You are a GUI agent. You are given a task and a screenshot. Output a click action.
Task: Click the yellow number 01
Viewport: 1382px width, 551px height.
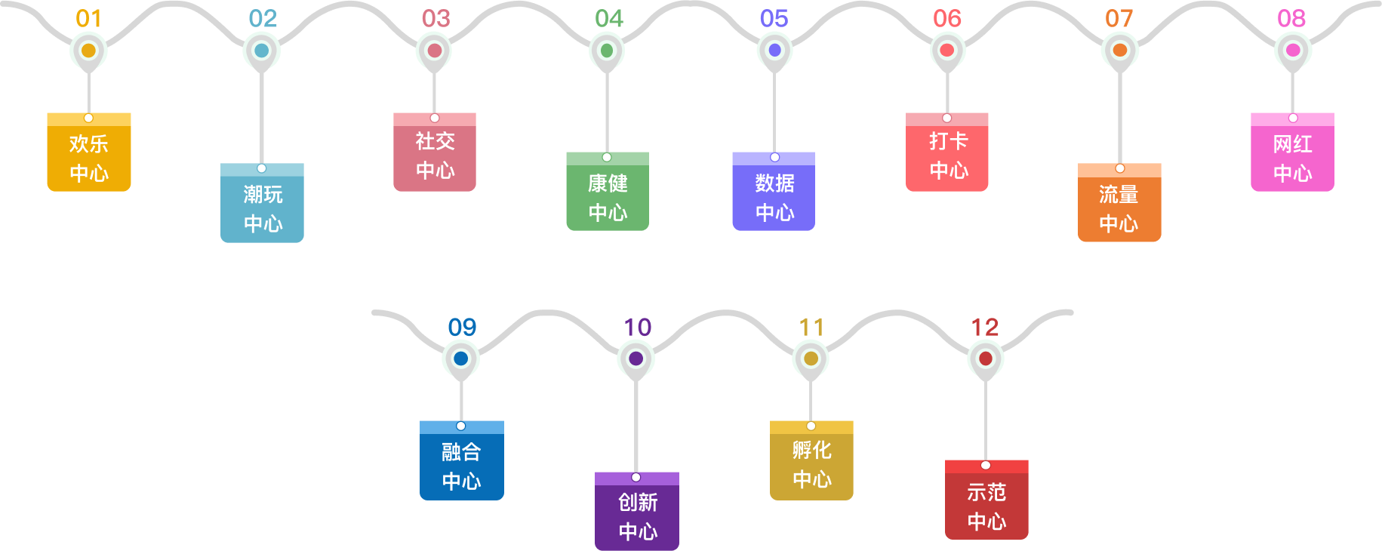(88, 18)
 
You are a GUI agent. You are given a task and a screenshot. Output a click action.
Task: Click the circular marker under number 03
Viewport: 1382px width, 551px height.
(435, 51)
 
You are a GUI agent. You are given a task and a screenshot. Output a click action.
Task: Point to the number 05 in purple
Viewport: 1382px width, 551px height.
(774, 18)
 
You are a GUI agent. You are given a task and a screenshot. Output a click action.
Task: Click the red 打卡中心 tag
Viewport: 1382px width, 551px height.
(947, 155)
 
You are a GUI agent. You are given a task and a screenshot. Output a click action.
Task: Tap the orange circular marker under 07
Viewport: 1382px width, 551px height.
(1120, 51)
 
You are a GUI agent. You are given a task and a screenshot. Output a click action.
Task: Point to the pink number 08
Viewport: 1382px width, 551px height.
(1291, 18)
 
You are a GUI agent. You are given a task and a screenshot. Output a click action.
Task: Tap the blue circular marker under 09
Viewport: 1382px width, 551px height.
(461, 359)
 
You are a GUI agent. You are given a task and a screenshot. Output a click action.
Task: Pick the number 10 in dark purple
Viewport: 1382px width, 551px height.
(637, 327)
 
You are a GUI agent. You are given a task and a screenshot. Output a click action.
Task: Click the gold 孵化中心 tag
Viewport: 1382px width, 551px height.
(811, 463)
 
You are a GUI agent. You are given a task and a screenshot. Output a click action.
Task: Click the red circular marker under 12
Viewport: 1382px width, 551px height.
(986, 359)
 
